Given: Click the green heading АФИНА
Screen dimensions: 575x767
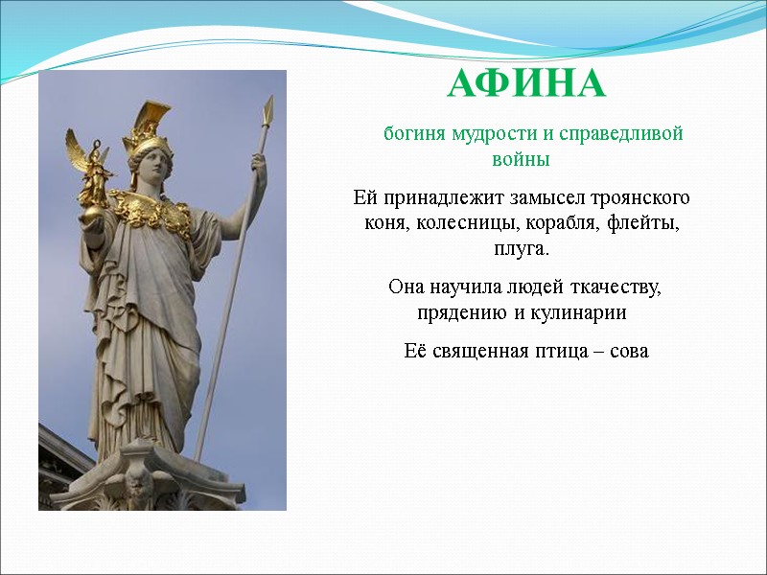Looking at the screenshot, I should (x=526, y=85).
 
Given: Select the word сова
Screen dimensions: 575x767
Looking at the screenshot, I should (x=627, y=352).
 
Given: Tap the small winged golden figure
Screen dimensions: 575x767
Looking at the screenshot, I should (x=93, y=169).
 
